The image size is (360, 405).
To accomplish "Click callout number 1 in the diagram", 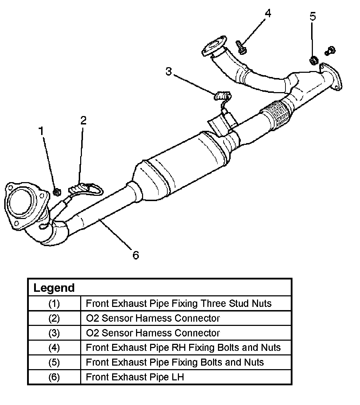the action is click(x=41, y=131).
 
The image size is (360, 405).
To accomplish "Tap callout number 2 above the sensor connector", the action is click(x=83, y=120).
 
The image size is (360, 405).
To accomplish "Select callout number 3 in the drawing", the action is click(x=169, y=71).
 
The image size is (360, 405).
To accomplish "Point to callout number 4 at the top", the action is click(x=268, y=13).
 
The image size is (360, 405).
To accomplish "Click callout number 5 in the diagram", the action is click(x=313, y=16).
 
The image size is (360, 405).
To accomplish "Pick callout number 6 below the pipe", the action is click(x=136, y=255).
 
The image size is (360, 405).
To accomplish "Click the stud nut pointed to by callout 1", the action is click(x=57, y=192).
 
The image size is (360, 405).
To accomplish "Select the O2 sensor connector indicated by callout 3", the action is click(x=222, y=96).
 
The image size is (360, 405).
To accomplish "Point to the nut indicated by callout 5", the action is click(x=314, y=61).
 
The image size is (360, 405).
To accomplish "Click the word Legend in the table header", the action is click(x=54, y=288).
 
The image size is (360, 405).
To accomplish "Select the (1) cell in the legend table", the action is click(x=54, y=303).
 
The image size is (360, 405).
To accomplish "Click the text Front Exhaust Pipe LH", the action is click(x=135, y=377).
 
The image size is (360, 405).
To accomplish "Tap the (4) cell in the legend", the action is click(x=54, y=348).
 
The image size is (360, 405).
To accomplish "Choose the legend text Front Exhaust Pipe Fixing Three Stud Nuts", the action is click(x=179, y=303).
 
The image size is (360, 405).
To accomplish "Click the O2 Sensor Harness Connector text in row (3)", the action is click(x=153, y=333).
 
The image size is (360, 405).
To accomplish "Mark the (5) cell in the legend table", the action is click(x=54, y=362).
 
